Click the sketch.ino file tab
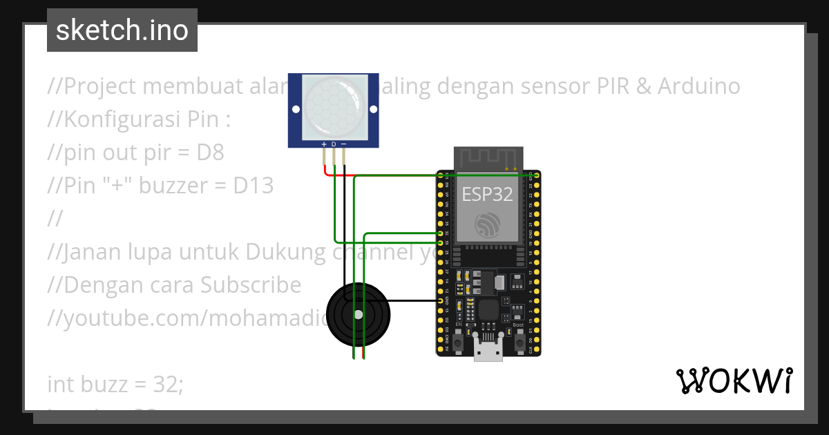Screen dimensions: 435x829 (122, 30)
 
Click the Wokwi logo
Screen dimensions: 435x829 (734, 380)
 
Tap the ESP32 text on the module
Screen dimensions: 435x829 (488, 195)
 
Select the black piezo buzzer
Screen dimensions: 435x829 (357, 315)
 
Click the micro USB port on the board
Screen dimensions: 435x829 (488, 352)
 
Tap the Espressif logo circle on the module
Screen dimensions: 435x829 (488, 224)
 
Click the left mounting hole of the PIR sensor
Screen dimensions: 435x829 (295, 109)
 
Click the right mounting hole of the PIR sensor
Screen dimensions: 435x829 (372, 109)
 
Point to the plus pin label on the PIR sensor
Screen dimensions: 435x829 (324, 144)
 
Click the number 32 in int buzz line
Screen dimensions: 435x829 (166, 385)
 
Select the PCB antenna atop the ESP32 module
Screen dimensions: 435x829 (488, 158)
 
